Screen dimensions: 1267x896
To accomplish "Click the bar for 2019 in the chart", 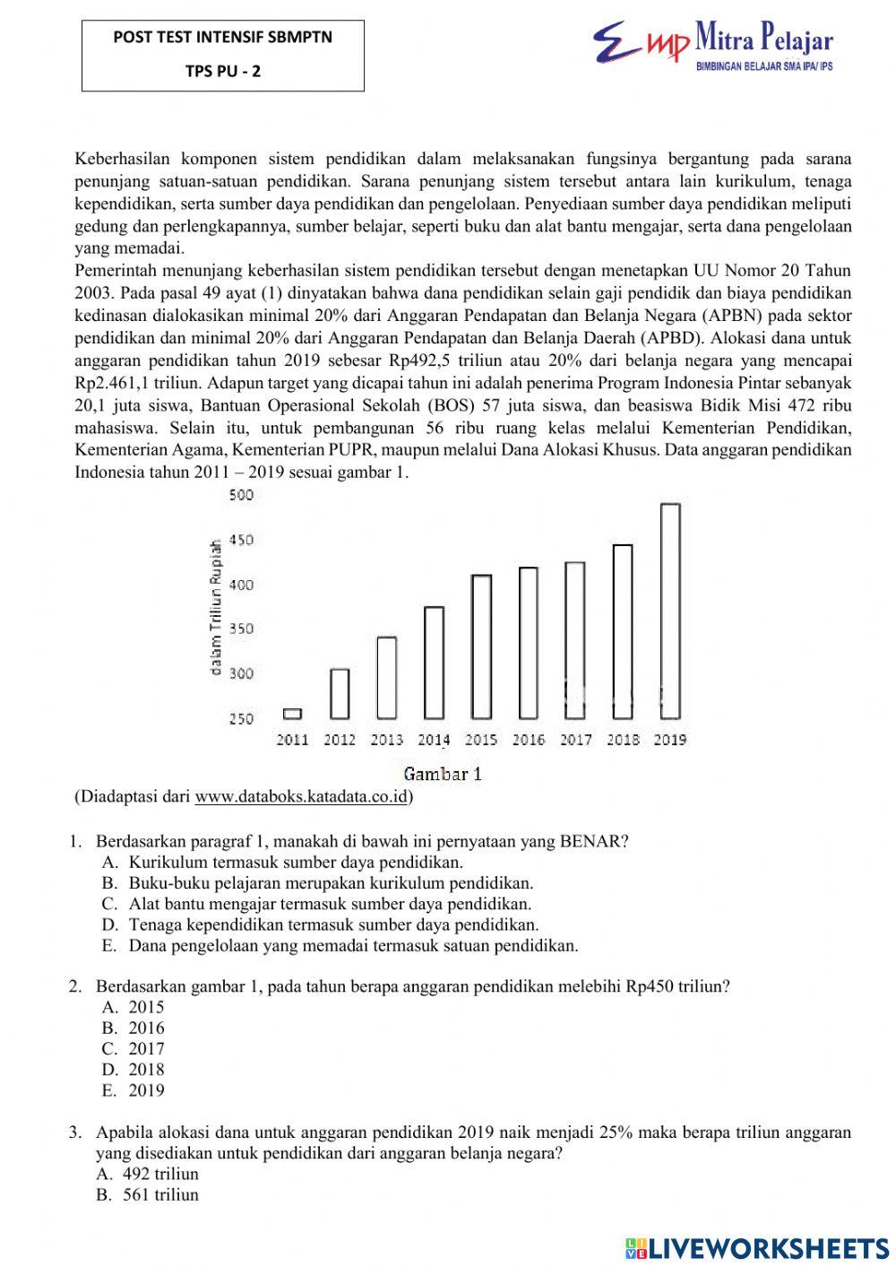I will coord(670,612).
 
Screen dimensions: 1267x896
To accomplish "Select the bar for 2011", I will coord(292,714).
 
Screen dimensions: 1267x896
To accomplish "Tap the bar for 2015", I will coord(481,647).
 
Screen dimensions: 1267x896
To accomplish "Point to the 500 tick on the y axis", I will coord(241,496).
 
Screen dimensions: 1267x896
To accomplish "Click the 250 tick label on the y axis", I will coord(241,718).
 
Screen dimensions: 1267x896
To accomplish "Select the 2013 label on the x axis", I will coord(386,740).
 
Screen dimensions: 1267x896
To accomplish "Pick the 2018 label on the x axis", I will coord(623,740).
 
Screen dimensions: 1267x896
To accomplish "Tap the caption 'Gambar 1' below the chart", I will coord(443,774).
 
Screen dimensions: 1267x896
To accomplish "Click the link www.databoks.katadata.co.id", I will coord(301,796).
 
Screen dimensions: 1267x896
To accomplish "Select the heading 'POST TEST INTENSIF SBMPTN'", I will coord(222,38).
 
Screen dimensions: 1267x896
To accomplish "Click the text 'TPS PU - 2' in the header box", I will coord(223,72).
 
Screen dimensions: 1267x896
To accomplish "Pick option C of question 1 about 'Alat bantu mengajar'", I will coord(330,904).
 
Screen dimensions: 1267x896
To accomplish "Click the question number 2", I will coord(75,986).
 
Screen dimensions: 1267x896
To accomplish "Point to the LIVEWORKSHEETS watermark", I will coord(757,1247).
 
